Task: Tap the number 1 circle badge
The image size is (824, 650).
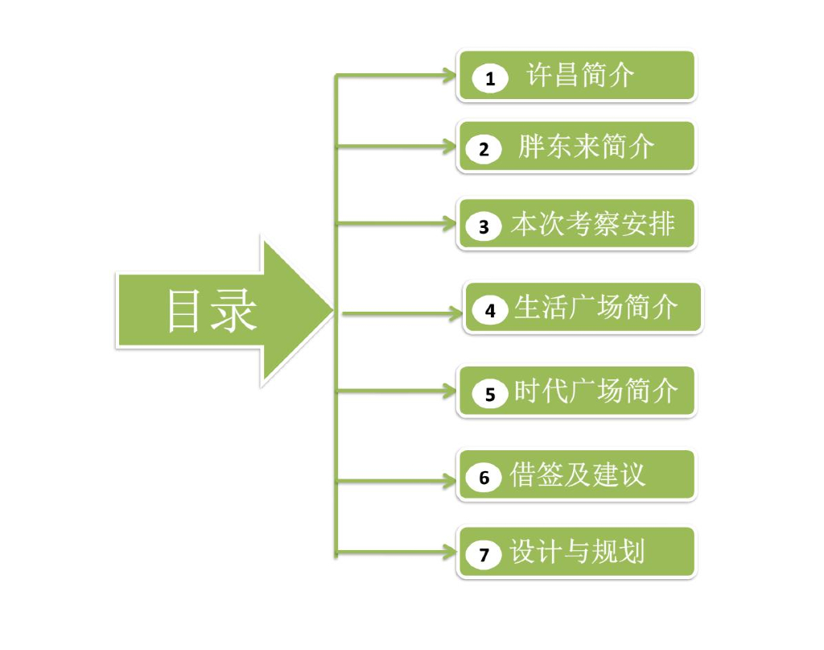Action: [x=490, y=78]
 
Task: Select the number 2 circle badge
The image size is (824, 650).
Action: [x=484, y=149]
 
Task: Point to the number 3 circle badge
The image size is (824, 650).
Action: [x=484, y=227]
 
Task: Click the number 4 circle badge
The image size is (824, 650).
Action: [x=491, y=310]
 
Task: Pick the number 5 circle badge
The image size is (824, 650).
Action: [x=490, y=394]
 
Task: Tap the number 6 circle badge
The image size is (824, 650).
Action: [x=484, y=478]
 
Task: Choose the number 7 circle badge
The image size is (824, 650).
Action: [x=484, y=554]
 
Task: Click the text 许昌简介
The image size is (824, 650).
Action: [x=580, y=76]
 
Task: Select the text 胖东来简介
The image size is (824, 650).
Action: [x=586, y=147]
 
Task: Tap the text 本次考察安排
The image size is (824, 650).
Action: [x=592, y=225]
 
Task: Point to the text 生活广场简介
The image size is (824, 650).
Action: [x=595, y=308]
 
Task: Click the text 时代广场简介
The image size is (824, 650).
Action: [x=595, y=391]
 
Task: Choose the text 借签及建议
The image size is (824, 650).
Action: [x=577, y=475]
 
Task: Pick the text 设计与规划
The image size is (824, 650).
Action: [x=577, y=552]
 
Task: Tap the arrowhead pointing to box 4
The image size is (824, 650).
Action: [x=456, y=313]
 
